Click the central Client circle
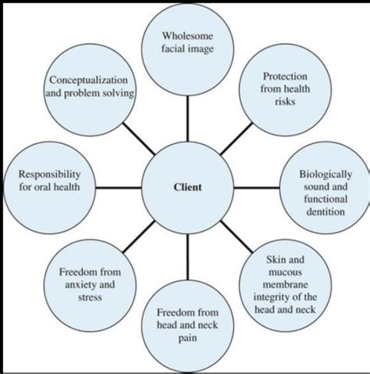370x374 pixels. (187, 188)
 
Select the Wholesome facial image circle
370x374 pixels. (187, 43)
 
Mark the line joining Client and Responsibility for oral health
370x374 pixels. (119, 188)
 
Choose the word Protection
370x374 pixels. (284, 76)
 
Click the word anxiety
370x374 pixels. (80, 285)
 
